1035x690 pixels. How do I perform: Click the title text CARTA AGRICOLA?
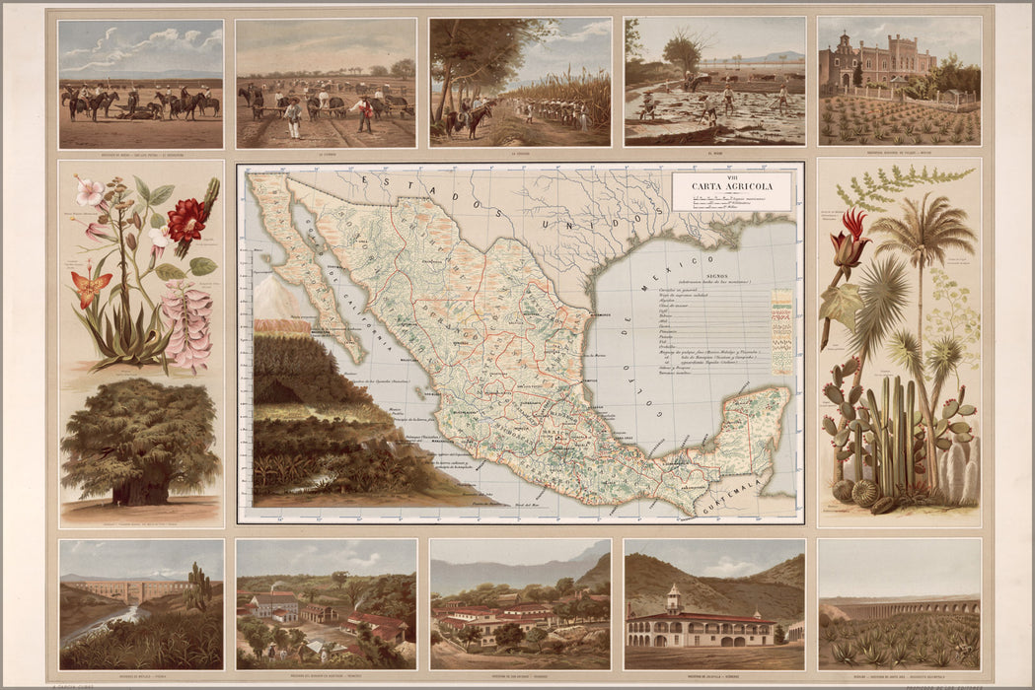pos(731,185)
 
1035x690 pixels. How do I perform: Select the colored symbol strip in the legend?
pos(781,331)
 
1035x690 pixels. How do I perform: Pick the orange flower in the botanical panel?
pos(91,288)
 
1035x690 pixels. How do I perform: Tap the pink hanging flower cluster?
pos(187,324)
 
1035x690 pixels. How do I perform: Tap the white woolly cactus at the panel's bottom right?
pos(954,473)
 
